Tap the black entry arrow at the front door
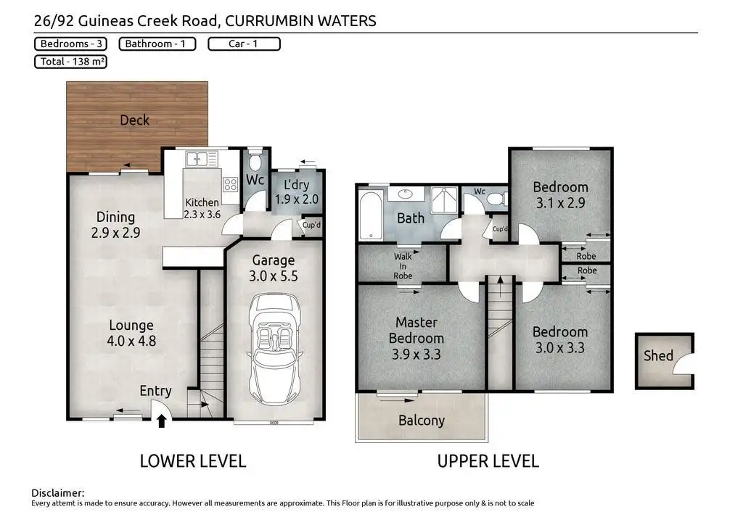162,421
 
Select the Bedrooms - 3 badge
70,44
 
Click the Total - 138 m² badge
70,62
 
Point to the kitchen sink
202,159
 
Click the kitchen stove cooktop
231,183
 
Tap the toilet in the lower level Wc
255,162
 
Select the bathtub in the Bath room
371,215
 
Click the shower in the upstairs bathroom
444,200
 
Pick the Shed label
658,355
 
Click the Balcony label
422,421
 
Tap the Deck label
134,120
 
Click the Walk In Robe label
403,266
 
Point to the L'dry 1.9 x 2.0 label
297,191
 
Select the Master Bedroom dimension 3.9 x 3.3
416,354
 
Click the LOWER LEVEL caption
193,461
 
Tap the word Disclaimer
58,493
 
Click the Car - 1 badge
244,44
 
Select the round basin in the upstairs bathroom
405,193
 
